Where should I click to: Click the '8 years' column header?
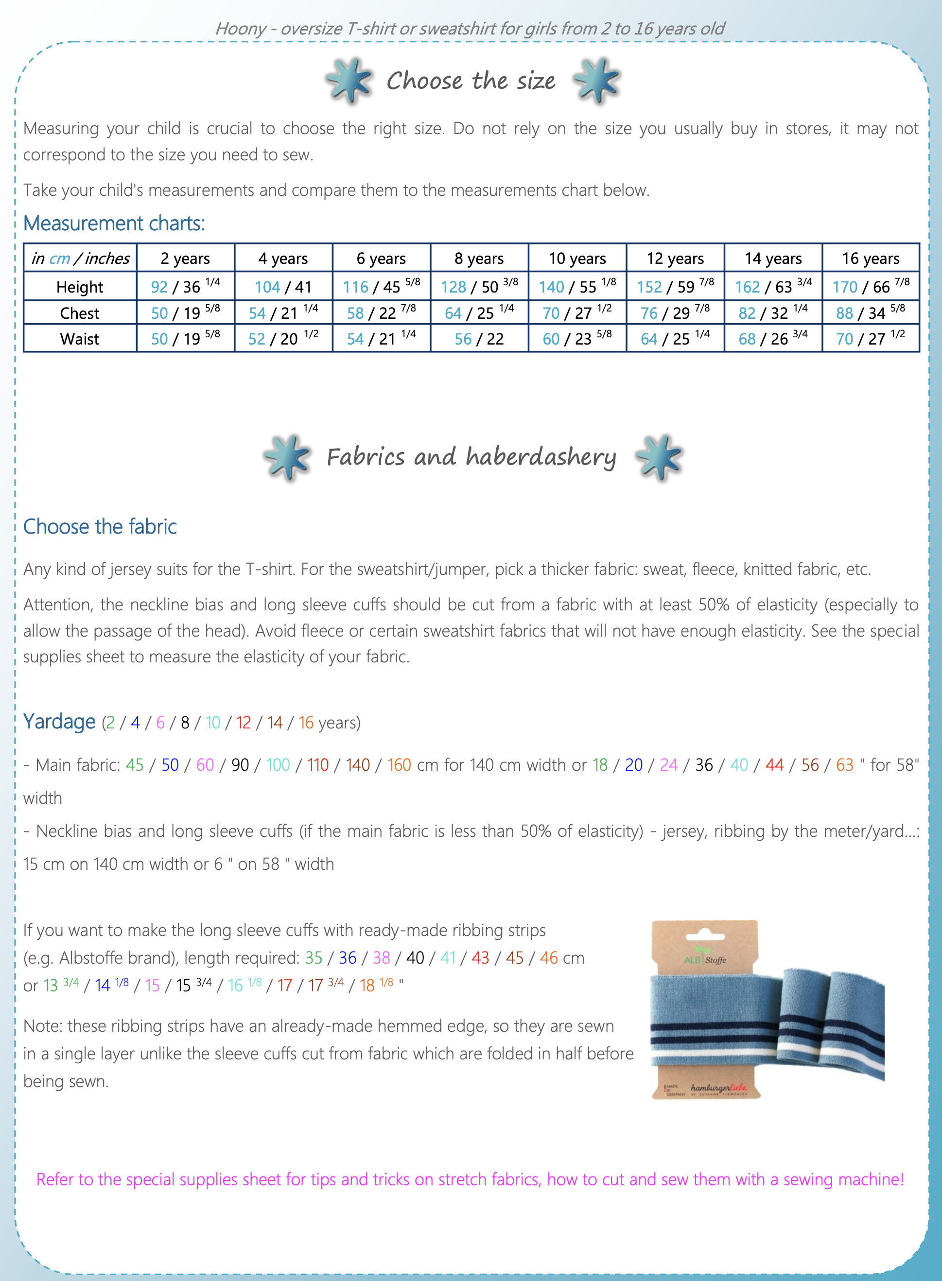click(x=479, y=258)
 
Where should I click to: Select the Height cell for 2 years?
click(x=185, y=286)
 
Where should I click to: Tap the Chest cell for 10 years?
click(x=577, y=312)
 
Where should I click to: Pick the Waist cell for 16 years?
click(x=870, y=339)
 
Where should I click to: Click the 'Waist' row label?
click(x=80, y=339)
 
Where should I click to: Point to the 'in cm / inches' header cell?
click(x=80, y=258)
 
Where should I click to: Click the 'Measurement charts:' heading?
click(x=114, y=224)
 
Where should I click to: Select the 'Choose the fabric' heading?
click(x=100, y=526)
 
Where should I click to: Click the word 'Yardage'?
click(x=59, y=722)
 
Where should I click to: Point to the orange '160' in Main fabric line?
click(x=399, y=764)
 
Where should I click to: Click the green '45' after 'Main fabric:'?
click(x=135, y=764)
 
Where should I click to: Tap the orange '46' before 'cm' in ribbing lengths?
click(x=549, y=958)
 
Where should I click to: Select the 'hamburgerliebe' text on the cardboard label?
click(x=718, y=1088)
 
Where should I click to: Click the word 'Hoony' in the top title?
click(x=241, y=29)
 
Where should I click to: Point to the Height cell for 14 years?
click(x=773, y=286)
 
